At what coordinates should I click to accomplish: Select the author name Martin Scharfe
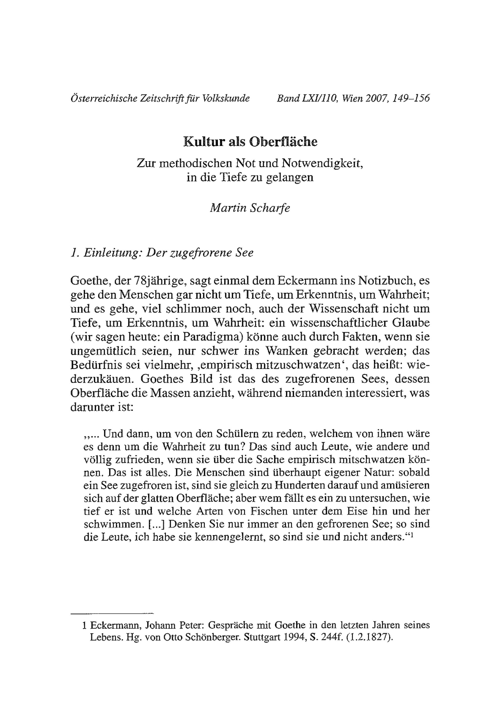point(250,208)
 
